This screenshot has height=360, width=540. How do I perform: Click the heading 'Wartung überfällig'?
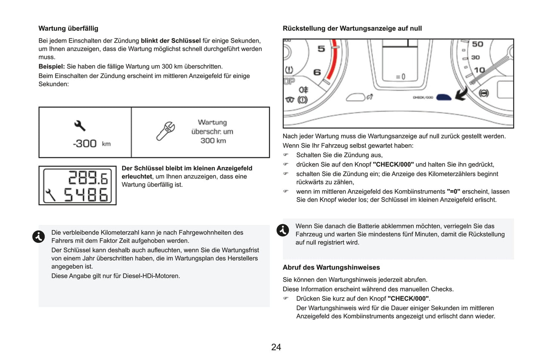click(68, 28)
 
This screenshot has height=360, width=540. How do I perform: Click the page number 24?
click(276, 347)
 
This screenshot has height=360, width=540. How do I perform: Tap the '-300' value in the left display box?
click(85, 143)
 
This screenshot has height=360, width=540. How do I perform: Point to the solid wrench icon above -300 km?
click(80, 125)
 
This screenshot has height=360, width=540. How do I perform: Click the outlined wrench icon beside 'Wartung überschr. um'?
click(166, 131)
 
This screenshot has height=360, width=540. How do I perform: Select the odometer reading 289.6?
click(88, 178)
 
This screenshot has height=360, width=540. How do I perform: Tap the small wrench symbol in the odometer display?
click(50, 195)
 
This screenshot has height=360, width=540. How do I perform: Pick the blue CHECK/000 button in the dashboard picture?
click(444, 97)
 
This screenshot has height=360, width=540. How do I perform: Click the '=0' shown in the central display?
click(401, 77)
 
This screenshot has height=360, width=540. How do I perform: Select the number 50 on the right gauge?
click(478, 44)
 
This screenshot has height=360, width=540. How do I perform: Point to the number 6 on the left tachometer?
click(317, 72)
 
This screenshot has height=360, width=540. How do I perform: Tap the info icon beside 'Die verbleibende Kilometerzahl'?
click(38, 236)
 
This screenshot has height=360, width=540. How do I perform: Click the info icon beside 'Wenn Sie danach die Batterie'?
click(283, 230)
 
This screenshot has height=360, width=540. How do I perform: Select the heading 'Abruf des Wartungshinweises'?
click(331, 267)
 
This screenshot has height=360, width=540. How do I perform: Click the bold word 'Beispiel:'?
click(52, 66)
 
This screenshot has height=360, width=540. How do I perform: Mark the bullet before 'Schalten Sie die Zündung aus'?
click(286, 155)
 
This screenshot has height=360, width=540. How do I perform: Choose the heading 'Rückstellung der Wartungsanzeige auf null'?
click(352, 28)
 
